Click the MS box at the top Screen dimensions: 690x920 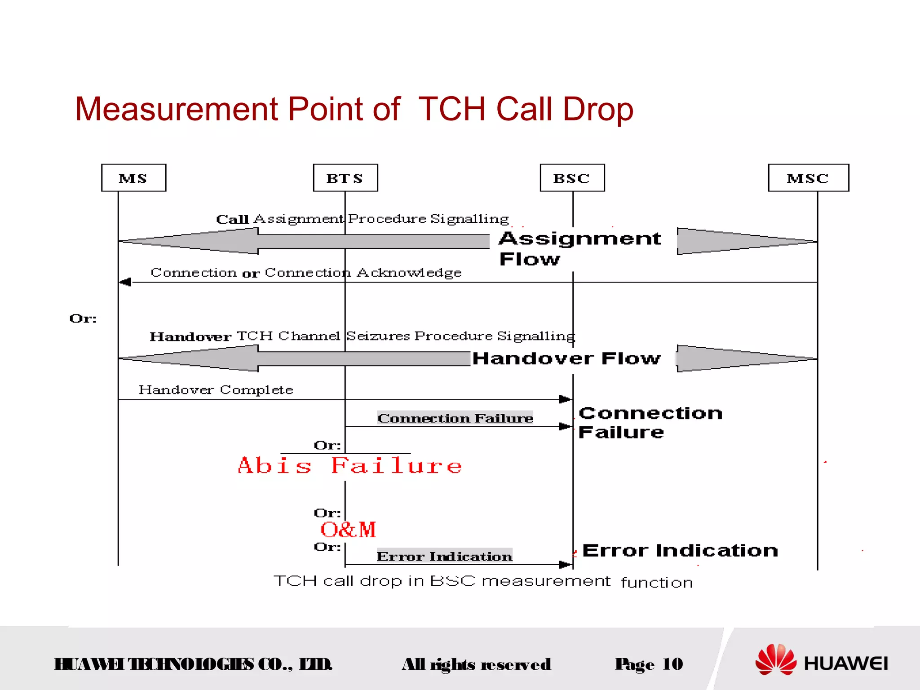[133, 178]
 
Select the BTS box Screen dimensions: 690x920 [345, 178]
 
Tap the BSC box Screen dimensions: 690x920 [572, 178]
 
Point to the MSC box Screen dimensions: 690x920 [808, 178]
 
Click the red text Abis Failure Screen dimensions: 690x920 [349, 466]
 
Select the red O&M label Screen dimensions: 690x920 [348, 530]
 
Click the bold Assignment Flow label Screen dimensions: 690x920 [579, 248]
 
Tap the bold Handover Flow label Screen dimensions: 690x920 [566, 358]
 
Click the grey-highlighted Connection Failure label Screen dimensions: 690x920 [455, 418]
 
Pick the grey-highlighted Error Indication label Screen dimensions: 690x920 [444, 556]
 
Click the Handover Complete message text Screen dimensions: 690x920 [216, 389]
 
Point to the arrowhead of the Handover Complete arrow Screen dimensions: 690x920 [565, 399]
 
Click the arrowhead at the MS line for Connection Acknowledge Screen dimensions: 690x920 [125, 282]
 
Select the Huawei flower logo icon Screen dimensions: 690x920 [775, 659]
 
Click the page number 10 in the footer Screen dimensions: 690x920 [672, 664]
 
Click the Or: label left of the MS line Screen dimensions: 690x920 [83, 318]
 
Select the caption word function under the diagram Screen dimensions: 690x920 [656, 583]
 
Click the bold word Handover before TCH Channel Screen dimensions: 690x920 [190, 336]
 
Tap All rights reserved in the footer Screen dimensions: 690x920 [476, 664]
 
